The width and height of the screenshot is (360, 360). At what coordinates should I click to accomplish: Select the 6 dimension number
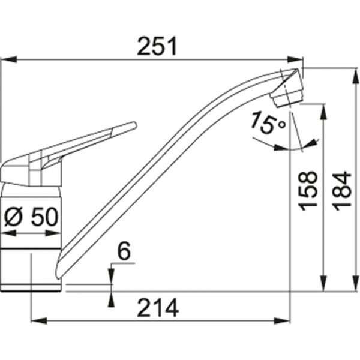coord(123,253)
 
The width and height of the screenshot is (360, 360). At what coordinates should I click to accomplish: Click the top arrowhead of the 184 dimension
coord(350,73)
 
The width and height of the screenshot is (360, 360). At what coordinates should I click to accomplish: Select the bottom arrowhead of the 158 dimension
coord(324,286)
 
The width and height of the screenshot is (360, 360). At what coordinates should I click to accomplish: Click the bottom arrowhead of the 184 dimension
coord(350,286)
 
